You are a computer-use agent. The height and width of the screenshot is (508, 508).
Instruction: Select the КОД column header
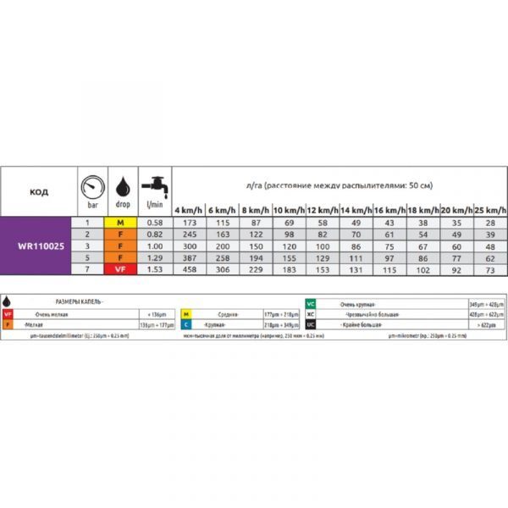pyautogui.click(x=39, y=192)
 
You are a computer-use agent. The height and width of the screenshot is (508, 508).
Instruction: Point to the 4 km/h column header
pyautogui.click(x=189, y=210)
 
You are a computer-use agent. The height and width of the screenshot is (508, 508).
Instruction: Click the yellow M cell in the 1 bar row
pyautogui.click(x=121, y=222)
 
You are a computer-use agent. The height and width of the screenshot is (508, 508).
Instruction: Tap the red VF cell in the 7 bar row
pyautogui.click(x=121, y=268)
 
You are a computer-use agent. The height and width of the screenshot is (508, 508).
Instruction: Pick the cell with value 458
pyautogui.click(x=188, y=268)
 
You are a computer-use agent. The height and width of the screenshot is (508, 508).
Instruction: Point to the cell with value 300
pyautogui.click(x=188, y=246)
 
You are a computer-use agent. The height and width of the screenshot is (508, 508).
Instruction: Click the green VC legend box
pyautogui.click(x=312, y=303)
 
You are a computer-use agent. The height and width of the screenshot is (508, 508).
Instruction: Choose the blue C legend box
pyautogui.click(x=186, y=323)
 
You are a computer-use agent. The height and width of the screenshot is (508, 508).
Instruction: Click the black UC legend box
pyautogui.click(x=312, y=323)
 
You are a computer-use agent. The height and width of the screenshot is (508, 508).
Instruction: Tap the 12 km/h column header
pyautogui.click(x=323, y=210)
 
